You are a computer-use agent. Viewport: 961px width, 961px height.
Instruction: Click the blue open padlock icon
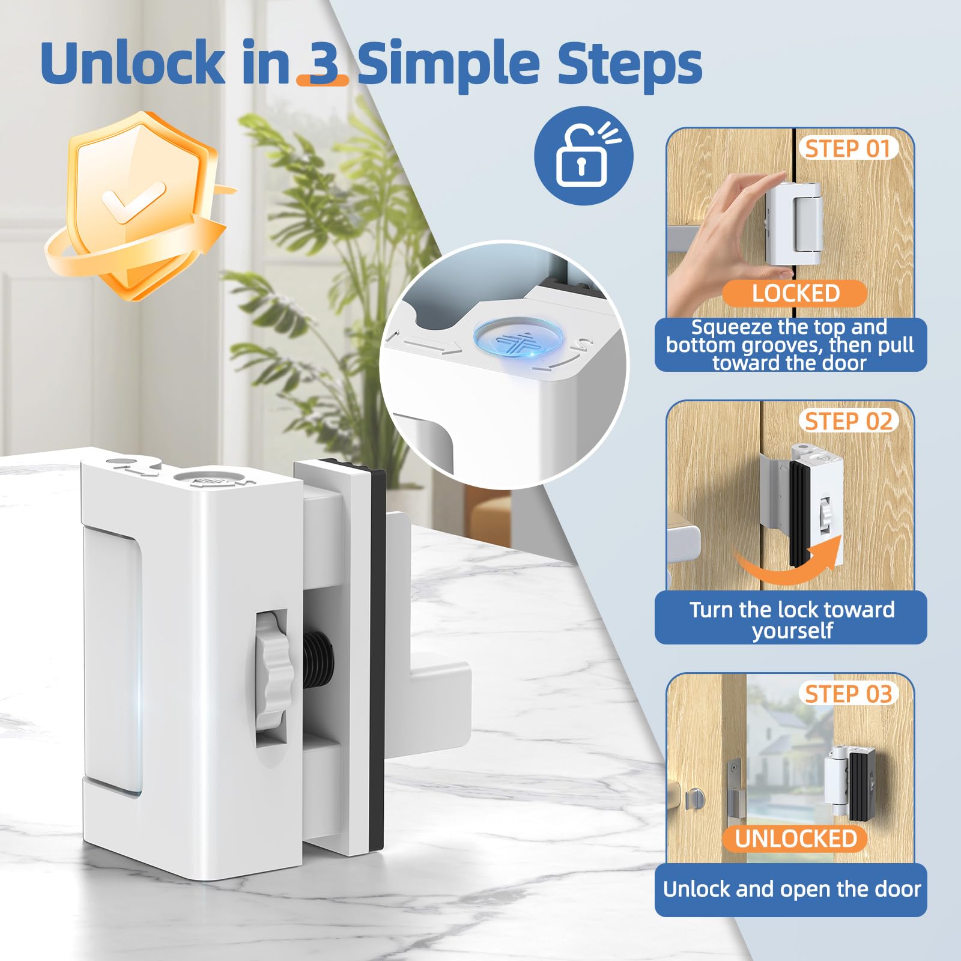point(583,156)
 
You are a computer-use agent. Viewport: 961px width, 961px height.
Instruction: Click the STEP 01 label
point(847,148)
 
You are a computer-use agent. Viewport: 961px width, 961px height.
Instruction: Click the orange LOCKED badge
point(795,293)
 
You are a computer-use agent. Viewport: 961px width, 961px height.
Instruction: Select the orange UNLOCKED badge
point(795,838)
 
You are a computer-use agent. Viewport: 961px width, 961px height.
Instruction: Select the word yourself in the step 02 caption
point(792,631)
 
